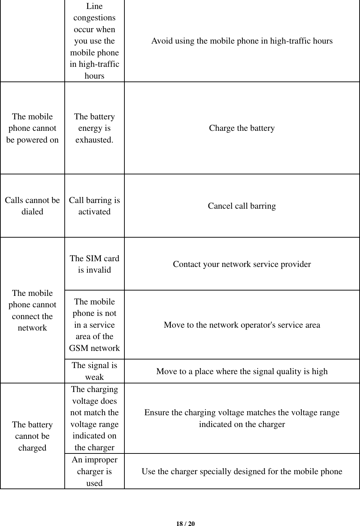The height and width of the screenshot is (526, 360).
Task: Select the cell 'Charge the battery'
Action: (242, 128)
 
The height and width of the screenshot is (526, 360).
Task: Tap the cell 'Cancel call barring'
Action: (242, 206)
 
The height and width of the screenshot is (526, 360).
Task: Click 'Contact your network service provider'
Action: (242, 264)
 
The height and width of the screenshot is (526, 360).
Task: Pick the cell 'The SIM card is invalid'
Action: (94, 264)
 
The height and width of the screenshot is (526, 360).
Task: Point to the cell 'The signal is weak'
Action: (94, 371)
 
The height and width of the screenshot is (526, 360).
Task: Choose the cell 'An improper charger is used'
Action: (94, 471)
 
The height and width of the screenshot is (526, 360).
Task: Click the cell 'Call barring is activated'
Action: (94, 206)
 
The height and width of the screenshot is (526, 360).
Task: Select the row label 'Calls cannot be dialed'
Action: (32, 206)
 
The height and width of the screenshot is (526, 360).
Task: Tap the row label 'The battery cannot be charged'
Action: (32, 436)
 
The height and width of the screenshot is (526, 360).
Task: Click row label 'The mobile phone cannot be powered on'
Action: (32, 128)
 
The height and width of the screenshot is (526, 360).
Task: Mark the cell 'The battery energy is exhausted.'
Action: (94, 128)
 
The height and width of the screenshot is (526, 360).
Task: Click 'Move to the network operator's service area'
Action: (242, 325)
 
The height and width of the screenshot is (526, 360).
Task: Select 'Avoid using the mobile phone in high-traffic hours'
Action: (242, 41)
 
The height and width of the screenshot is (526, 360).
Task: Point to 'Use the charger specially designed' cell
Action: (242, 471)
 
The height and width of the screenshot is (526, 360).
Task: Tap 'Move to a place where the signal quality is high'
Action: (242, 371)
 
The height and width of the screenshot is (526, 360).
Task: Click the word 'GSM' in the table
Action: (78, 348)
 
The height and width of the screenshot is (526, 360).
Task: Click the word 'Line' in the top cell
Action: (94, 6)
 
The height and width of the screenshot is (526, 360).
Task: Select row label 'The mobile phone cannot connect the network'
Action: (32, 310)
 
